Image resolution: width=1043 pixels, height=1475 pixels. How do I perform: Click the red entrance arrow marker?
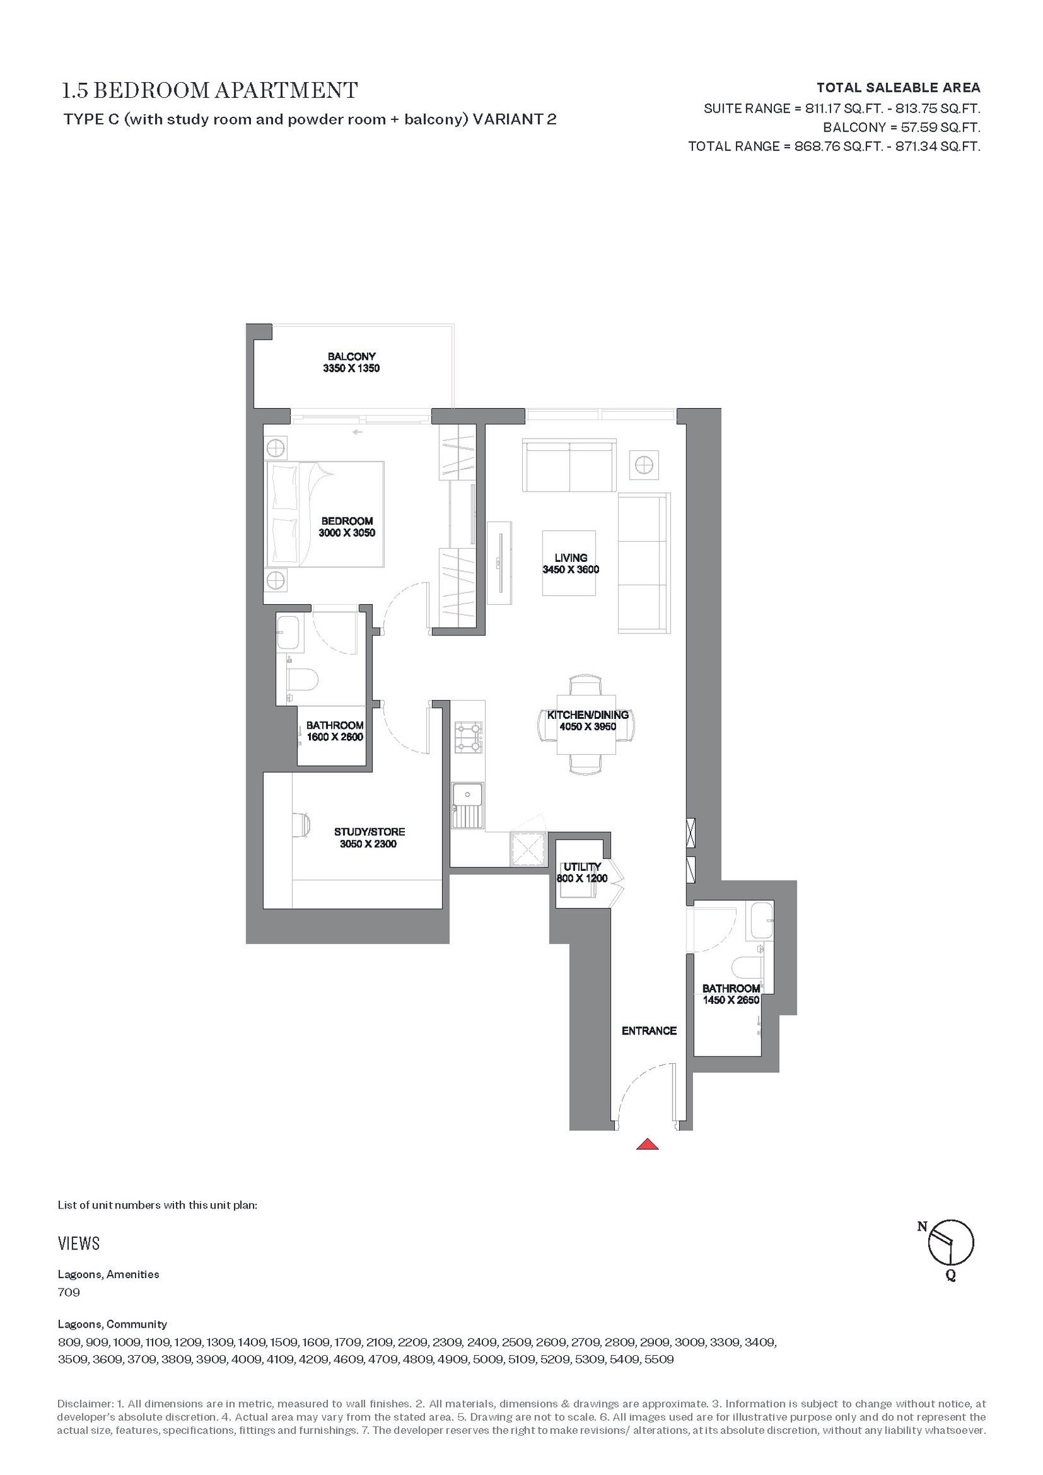coord(647,1143)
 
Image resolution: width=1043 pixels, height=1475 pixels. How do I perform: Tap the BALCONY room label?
coord(351,357)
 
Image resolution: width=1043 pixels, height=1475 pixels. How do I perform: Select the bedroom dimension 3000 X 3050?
coord(347,533)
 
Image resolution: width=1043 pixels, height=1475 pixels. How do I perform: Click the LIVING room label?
coord(571,557)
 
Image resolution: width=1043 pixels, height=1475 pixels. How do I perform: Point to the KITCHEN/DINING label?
coord(588,715)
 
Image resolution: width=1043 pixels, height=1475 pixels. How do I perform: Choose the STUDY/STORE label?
coord(370,832)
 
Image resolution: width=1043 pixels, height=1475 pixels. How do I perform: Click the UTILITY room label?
coord(582,866)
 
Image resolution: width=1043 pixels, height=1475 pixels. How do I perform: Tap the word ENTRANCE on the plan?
coord(649,1030)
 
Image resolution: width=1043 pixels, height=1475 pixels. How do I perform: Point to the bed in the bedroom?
coord(323,514)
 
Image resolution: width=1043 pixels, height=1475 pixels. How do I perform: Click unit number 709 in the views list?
coord(69,1291)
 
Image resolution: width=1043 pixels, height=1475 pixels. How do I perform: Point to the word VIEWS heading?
coord(79,1243)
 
